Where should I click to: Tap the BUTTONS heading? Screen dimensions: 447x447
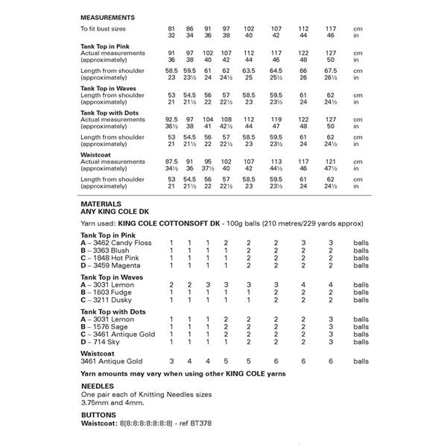[x=98, y=414]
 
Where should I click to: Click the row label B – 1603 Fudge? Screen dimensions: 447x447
[x=105, y=293]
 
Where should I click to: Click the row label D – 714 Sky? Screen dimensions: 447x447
[x=100, y=342]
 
